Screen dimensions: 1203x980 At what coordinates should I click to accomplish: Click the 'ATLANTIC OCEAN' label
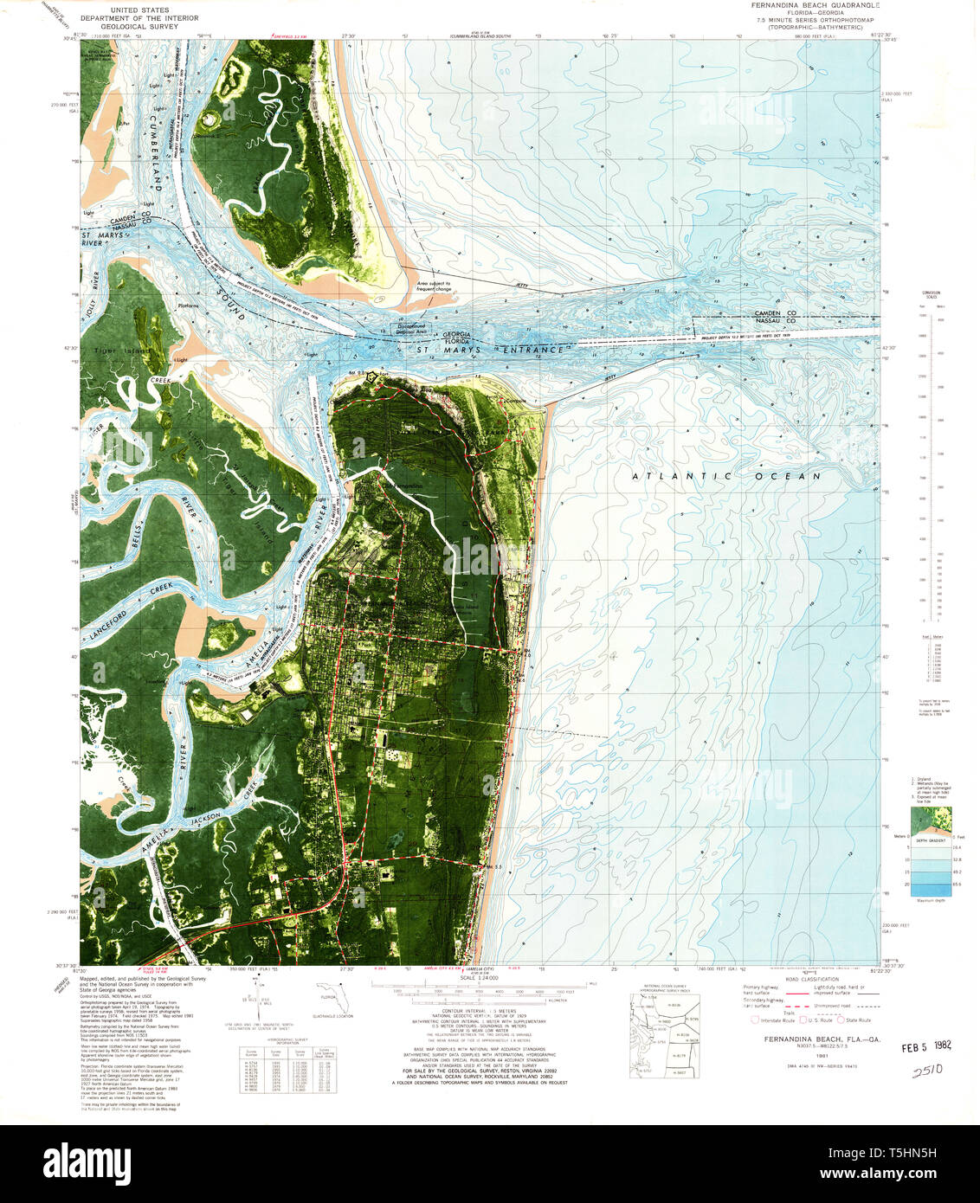(x=725, y=476)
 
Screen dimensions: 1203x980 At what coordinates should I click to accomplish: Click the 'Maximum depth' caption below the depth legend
(x=931, y=900)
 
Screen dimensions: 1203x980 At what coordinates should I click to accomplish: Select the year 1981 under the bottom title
(x=810, y=1056)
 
